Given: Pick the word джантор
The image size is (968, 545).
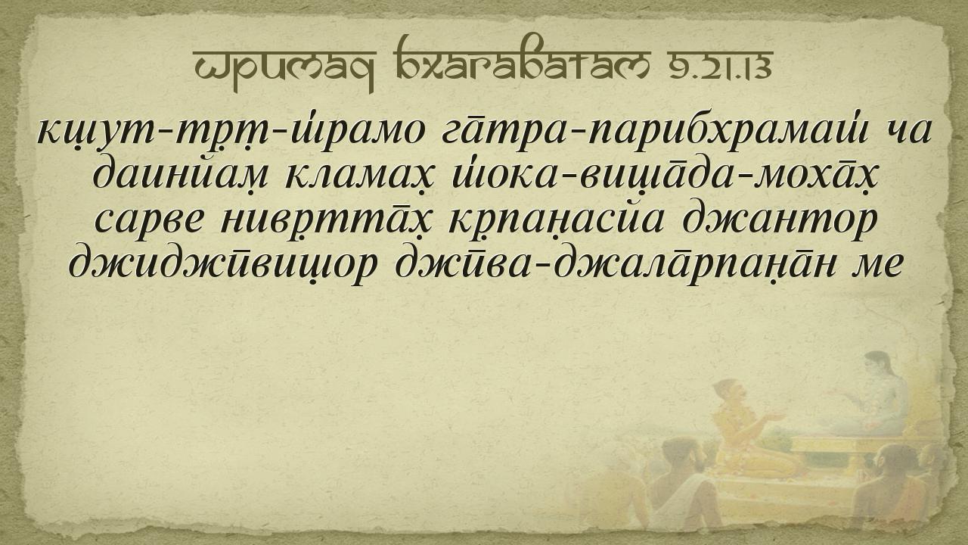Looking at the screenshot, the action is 779,220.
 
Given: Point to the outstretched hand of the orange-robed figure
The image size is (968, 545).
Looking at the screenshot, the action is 773,416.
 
